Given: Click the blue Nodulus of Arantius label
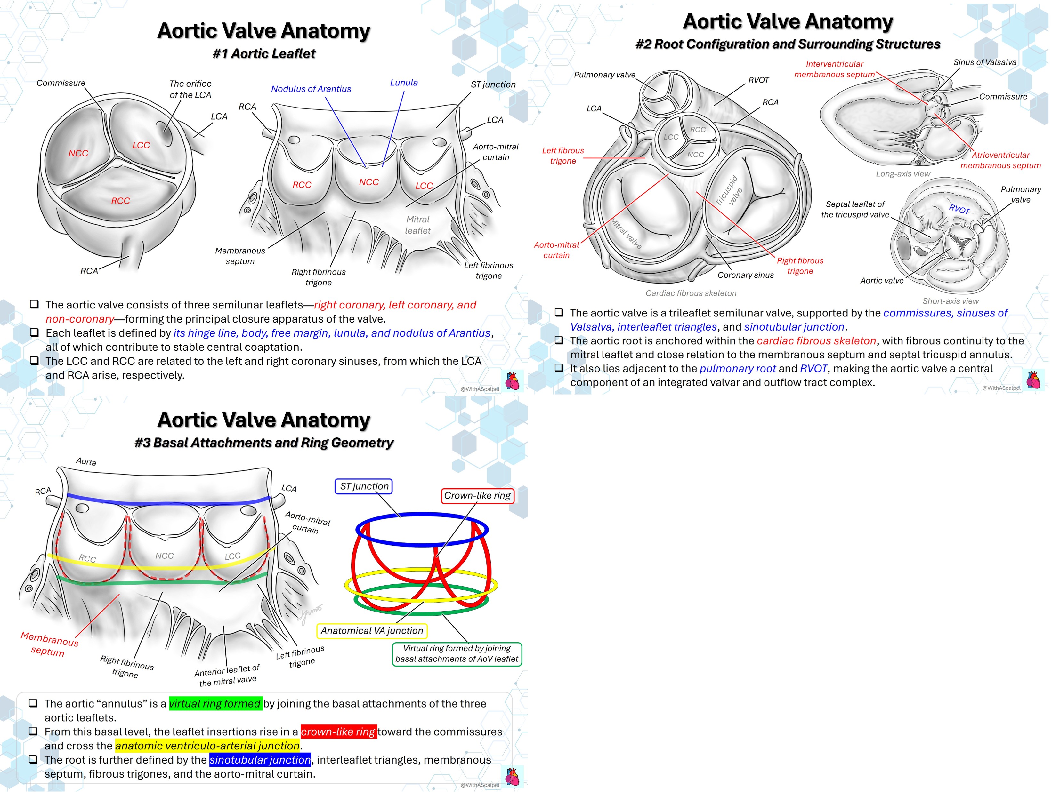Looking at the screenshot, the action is tap(311, 89).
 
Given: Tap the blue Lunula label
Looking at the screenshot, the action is tap(404, 82).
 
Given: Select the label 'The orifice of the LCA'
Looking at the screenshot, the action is tap(190, 89).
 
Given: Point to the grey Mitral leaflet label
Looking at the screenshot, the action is tap(417, 225).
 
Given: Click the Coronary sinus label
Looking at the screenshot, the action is tap(745, 275).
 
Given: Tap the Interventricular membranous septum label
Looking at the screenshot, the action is tap(834, 69).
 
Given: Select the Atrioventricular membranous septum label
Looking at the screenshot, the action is tap(1000, 160).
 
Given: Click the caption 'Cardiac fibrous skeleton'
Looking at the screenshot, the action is tap(691, 293).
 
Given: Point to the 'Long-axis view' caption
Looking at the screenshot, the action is tap(903, 174).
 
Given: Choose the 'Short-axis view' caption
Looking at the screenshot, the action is tap(950, 301).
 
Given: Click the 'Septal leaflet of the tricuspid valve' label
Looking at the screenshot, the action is tap(855, 209).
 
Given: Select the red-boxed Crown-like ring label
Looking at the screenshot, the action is tap(477, 495).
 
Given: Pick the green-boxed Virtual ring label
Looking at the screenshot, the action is tap(457, 654).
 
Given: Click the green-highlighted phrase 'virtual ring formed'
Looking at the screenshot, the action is tap(215, 704).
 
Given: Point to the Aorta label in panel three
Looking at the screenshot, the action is tap(86, 462).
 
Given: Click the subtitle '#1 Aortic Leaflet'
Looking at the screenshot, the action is tap(263, 54).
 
